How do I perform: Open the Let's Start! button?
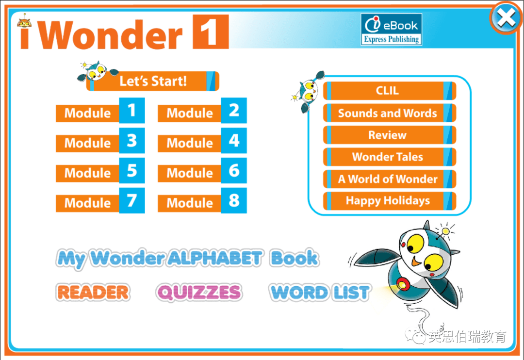coord(153,81)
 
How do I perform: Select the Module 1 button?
coord(100,111)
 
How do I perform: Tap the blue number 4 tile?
coord(234,140)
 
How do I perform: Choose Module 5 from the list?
coord(100,170)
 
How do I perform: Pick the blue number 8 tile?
coord(234,200)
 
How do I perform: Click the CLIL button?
coord(390,91)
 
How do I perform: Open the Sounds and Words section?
coord(390,113)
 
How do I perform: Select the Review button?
coord(390,135)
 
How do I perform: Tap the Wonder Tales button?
coord(390,157)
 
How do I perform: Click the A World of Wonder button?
coord(390,179)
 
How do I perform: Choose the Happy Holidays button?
coord(390,200)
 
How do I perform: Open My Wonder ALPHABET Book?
coord(187,259)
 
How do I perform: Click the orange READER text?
coord(93,292)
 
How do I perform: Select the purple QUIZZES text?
coord(199,293)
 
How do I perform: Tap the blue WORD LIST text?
coord(320,293)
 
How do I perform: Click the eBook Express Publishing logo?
coord(392,30)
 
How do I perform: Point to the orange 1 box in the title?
coord(211,32)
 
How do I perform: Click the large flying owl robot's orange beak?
coord(416,261)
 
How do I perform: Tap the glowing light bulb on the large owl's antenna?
coord(445,231)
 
